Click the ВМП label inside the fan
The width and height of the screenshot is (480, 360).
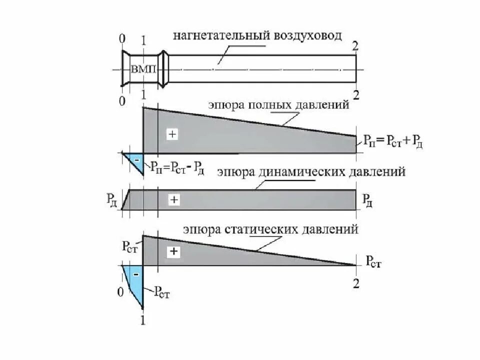tap(144, 69)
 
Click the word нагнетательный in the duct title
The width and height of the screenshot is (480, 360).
tap(220, 36)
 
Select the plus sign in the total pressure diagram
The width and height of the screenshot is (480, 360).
tap(172, 134)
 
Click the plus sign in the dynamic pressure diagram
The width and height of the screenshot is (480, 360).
tap(173, 199)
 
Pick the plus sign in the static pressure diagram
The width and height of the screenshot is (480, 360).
tap(173, 251)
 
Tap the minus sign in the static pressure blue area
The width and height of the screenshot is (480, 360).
tap(136, 274)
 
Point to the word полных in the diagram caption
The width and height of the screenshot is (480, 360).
tap(267, 106)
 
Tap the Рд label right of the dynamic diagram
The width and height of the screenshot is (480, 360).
tap(367, 201)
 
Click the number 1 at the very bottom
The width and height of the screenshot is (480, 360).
tap(142, 322)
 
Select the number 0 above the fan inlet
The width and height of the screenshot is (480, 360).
tap(121, 38)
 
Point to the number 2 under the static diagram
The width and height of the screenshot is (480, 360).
tap(355, 283)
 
